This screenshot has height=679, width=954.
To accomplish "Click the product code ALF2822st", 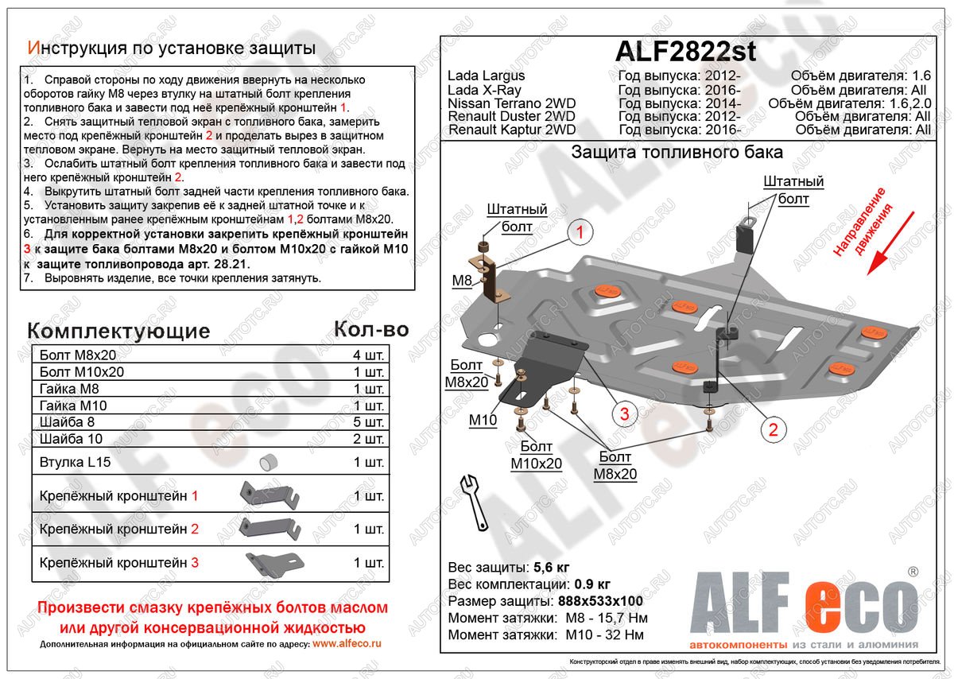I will (686, 52).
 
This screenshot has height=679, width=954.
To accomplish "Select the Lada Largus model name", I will (486, 76).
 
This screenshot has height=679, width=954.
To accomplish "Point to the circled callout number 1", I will (580, 233).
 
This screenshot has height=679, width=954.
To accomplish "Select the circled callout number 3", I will (624, 413).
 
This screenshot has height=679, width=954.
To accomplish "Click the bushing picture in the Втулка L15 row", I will (267, 462).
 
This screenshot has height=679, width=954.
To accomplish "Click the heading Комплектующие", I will (118, 331).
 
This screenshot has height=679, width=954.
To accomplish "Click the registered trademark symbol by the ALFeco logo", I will (913, 572).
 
